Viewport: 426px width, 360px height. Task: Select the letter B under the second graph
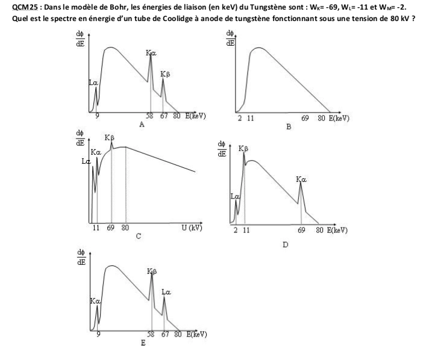[x=289, y=127]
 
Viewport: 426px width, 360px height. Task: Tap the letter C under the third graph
[x=137, y=237]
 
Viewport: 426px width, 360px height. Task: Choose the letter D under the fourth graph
[x=285, y=244]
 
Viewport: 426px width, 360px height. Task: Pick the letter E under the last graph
[x=143, y=343]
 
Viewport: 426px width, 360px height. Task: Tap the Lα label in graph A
[x=94, y=82]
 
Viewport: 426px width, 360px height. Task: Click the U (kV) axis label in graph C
[x=191, y=228]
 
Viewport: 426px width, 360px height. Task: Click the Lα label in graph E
[x=166, y=293]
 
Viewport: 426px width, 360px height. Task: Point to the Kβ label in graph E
[x=152, y=272]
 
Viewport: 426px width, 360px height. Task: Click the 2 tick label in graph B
[x=240, y=119]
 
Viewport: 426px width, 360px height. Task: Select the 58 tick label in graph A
[x=150, y=116]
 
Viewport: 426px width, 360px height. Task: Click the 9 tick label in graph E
[x=97, y=334]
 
